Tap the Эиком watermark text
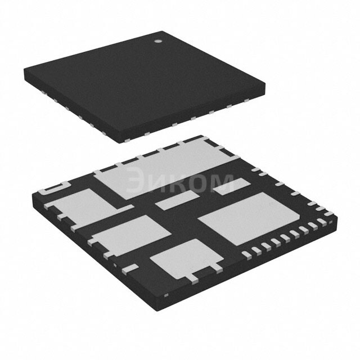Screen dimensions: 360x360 pos(179,182)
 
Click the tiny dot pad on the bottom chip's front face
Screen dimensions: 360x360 pos(165,295)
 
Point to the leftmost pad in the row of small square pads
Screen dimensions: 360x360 pos(245,254)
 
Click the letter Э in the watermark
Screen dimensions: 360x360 pos(134,182)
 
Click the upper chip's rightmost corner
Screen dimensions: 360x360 pos(265,84)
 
